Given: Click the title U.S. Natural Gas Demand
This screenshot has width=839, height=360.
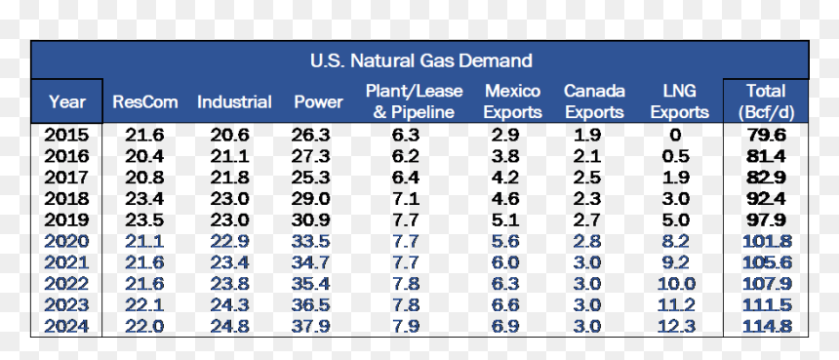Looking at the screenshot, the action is (x=421, y=60).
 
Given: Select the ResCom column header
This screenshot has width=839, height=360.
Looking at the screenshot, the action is (x=145, y=101).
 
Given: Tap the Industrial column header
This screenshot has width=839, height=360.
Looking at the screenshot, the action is (x=234, y=101).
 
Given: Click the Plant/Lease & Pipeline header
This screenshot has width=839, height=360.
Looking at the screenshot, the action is (x=415, y=101).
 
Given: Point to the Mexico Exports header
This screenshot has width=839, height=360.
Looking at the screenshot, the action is (x=512, y=101).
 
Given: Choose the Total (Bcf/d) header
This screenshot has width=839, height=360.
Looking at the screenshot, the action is (x=766, y=101).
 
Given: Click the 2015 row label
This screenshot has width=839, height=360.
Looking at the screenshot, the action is (x=66, y=135).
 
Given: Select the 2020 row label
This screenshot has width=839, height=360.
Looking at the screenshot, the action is (x=66, y=241).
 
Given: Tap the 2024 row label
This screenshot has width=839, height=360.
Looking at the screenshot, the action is (x=66, y=326).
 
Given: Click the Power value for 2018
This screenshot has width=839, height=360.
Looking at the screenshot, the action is (x=310, y=198).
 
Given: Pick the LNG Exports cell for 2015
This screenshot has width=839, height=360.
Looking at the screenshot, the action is (x=675, y=135).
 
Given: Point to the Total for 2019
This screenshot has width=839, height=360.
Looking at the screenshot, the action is (x=766, y=220).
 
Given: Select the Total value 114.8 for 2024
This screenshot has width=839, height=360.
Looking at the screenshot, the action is (x=767, y=326).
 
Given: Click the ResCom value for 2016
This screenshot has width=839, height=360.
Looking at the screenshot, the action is (x=144, y=156).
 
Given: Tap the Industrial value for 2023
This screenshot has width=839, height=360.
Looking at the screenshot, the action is (x=229, y=305).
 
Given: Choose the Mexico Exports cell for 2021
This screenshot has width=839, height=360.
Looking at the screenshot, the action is (x=505, y=262).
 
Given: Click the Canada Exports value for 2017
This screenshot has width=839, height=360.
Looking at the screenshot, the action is (x=586, y=178).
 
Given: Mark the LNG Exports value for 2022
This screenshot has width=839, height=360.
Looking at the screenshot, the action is (x=676, y=284).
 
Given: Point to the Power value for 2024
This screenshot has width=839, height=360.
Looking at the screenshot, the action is (x=310, y=326).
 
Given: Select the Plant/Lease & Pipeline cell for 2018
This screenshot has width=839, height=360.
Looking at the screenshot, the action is (x=405, y=198).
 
